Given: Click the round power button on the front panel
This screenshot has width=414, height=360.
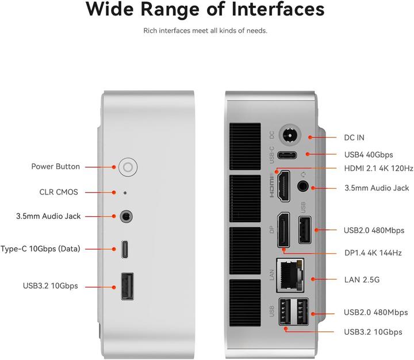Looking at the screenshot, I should point(128,167).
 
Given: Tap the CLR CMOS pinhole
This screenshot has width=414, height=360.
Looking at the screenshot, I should point(125,193).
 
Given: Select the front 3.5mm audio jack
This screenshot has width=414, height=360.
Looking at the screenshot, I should point(126,217).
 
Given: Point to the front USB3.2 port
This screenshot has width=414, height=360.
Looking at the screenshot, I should point(126,286).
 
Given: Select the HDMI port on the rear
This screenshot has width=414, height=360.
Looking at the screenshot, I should point(283,186).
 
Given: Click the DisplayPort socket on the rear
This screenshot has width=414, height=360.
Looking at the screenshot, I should point(283,231).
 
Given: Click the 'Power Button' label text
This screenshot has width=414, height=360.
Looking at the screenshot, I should point(56,167).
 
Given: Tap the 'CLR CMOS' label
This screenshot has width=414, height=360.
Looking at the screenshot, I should point(59,192).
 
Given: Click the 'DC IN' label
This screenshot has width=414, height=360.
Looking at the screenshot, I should point(354,137).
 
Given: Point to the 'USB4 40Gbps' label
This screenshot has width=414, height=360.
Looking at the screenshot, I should point(368,155).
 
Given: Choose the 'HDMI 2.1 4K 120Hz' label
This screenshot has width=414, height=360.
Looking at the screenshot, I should point(378,168).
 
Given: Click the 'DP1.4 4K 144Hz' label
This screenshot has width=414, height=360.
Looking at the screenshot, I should point(373,253).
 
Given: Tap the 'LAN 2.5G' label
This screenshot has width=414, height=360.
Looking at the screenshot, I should point(362,280).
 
